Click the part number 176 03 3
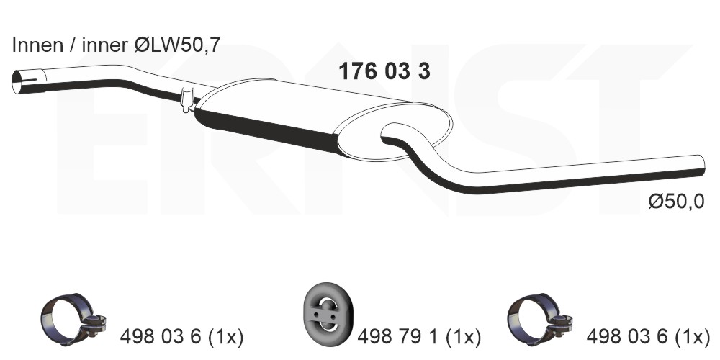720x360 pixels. tap(384, 71)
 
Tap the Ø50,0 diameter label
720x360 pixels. tap(676, 202)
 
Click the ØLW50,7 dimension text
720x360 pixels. tap(178, 45)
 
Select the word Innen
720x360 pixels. tap(37, 45)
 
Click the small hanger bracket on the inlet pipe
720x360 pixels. tap(187, 99)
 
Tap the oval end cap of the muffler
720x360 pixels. tap(395, 132)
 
